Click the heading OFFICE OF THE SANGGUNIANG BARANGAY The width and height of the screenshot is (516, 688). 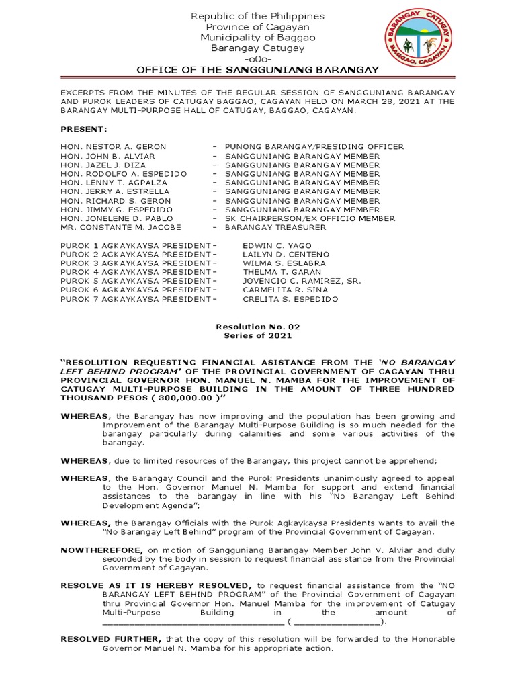coord(258,70)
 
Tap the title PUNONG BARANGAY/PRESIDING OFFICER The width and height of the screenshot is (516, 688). coord(314,146)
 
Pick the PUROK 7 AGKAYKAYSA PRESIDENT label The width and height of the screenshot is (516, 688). coord(138,299)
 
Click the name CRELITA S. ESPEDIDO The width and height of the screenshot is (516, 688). coord(290,299)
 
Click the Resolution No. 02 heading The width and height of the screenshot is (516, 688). coord(258,327)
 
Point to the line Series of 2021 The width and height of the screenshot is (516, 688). coord(258,335)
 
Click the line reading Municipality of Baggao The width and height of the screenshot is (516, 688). coord(258,38)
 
